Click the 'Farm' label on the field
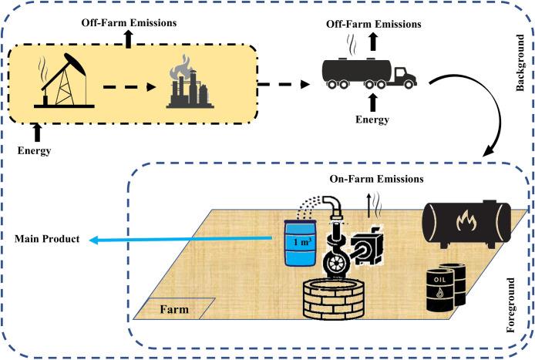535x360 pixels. tap(174, 311)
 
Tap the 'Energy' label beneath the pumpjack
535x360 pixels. tap(34, 150)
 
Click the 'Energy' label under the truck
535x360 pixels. tap(373, 120)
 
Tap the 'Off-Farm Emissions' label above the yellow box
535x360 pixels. tap(128, 22)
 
